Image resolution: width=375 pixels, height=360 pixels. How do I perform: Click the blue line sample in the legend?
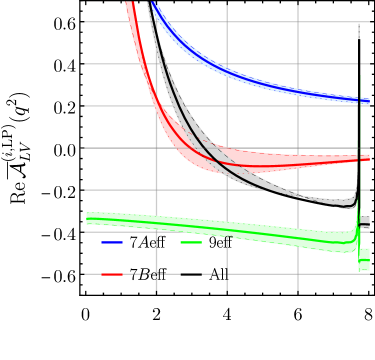[112, 242]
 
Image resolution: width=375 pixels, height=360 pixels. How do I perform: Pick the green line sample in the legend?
[191, 242]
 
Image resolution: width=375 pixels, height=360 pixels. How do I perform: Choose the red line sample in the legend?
[112, 273]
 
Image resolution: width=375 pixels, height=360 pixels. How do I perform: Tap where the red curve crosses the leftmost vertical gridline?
[156, 106]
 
